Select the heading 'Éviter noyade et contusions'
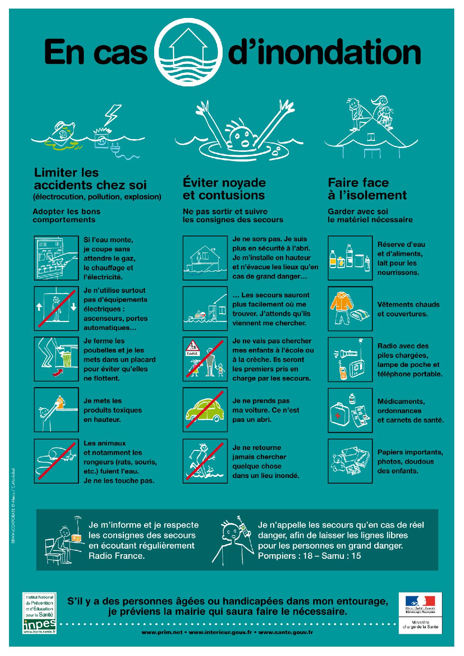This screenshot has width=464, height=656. tap(224, 189)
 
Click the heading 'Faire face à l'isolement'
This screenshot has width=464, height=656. tap(367, 189)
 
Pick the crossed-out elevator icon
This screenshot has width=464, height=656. tap(56, 309)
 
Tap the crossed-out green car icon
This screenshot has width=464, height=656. tap(205, 410)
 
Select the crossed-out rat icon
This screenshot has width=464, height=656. tap(56, 461)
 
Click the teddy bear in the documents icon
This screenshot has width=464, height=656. tap(338, 462)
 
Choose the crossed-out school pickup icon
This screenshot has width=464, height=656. tap(205, 359)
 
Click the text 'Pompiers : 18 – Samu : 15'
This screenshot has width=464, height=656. tap(309, 556)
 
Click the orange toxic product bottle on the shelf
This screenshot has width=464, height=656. tap(59, 402)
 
